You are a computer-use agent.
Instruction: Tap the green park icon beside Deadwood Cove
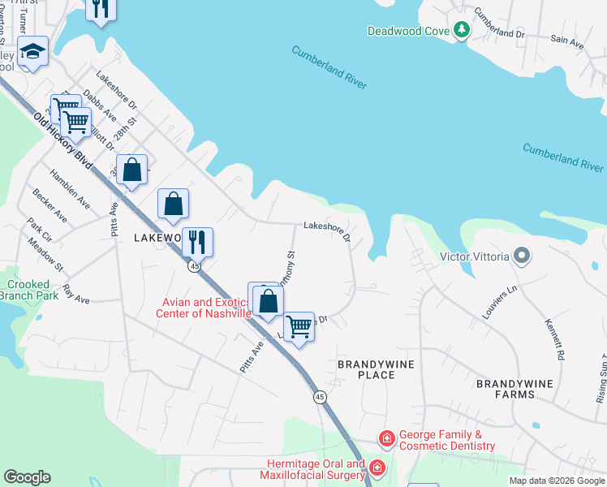pyautogui.click(x=462, y=30)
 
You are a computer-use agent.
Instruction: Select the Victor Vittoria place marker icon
pyautogui.click(x=521, y=257)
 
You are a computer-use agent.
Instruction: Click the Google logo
pyautogui.click(x=27, y=477)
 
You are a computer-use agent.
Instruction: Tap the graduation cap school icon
pyautogui.click(x=32, y=52)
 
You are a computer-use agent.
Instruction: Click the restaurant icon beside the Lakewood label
pyautogui.click(x=196, y=242)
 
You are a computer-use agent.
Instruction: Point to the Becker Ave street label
pyautogui.click(x=50, y=206)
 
